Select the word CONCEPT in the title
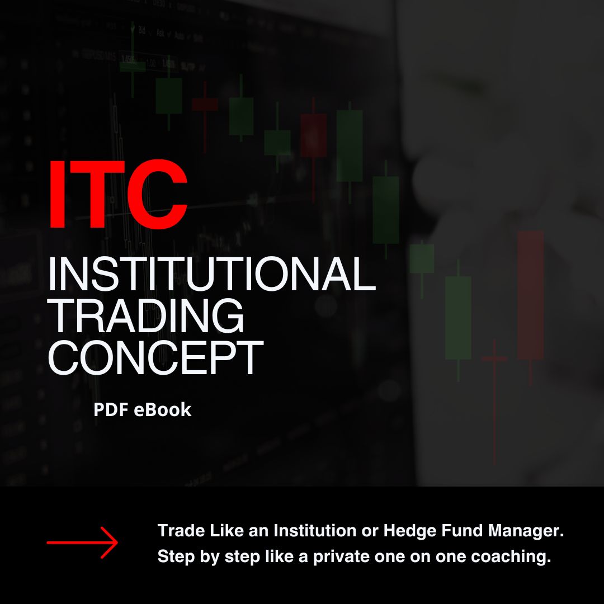click(x=155, y=358)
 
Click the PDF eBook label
click(x=142, y=410)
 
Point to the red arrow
click(x=82, y=542)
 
